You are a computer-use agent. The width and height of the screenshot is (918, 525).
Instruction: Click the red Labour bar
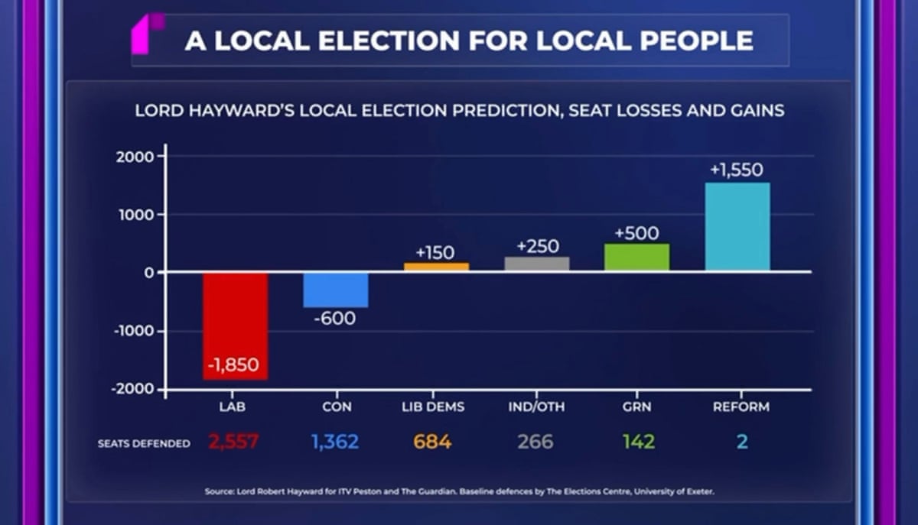[235, 325]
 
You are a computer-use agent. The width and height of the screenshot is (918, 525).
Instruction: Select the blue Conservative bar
[336, 290]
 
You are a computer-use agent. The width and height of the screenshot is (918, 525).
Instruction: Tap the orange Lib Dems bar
[436, 267]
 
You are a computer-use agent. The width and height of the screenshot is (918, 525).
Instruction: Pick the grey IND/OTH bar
[537, 264]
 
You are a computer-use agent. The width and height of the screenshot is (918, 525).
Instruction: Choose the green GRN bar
[636, 258]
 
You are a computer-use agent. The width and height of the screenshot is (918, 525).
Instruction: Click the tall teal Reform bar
[737, 226]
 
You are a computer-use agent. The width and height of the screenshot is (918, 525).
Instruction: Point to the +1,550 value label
[737, 170]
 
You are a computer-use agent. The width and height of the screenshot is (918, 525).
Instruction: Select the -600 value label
[335, 318]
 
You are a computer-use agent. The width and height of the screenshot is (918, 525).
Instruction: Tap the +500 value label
[636, 233]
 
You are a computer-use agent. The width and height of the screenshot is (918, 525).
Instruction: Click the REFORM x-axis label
[741, 407]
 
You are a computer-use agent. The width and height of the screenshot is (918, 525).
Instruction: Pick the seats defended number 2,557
[234, 442]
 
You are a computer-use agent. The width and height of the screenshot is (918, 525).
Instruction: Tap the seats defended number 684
[433, 442]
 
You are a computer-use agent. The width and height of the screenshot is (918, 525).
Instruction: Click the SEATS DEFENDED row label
[144, 443]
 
